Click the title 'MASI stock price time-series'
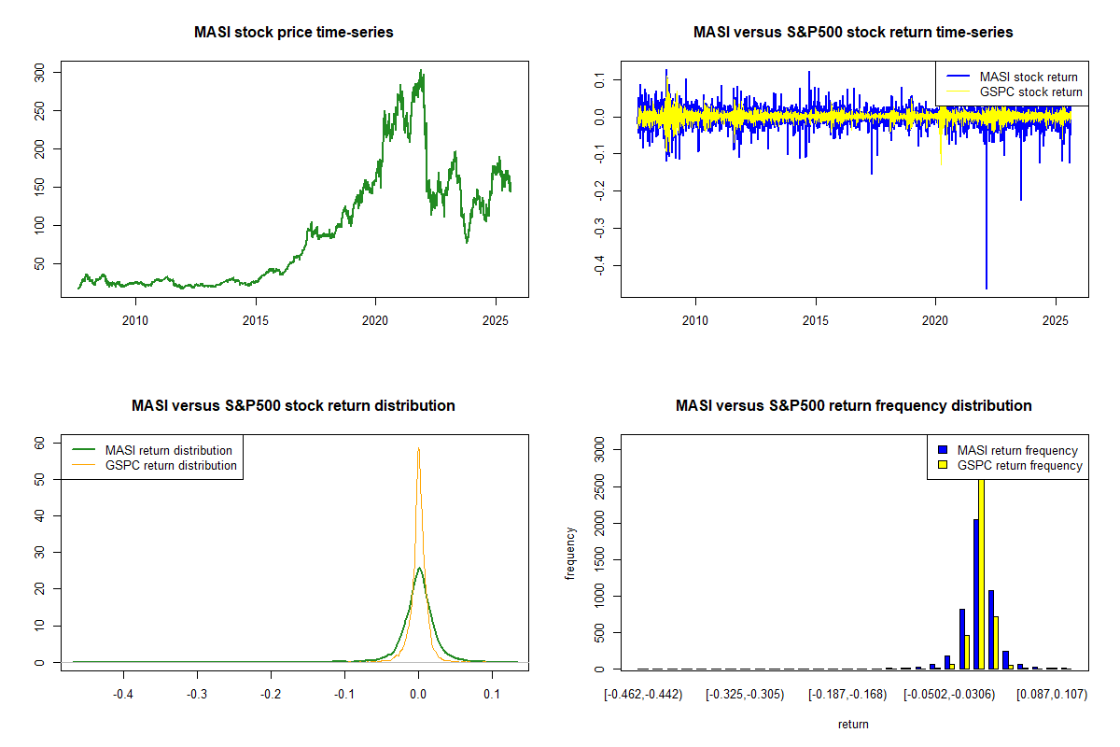[x=294, y=33]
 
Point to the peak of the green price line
[x=422, y=70]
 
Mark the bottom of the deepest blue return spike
[x=986, y=288]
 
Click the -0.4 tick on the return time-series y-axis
[x=597, y=266]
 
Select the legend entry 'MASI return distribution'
[x=168, y=450]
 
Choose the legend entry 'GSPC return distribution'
[x=170, y=465]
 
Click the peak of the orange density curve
[x=419, y=449]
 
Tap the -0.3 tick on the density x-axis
[x=197, y=694]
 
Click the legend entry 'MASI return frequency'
[x=1017, y=450]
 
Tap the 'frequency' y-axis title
[x=571, y=554]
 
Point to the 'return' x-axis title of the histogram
[x=853, y=724]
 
